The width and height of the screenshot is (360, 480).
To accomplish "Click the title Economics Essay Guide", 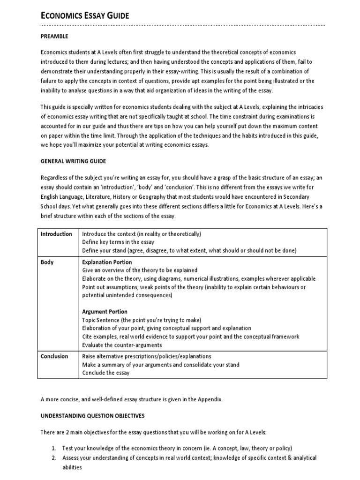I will click(x=84, y=16).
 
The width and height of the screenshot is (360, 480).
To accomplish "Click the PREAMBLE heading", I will click(x=54, y=36).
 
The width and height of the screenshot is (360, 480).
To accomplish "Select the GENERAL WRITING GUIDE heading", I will click(x=73, y=161).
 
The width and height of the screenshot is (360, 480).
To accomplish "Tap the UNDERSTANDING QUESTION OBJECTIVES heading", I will click(x=92, y=416).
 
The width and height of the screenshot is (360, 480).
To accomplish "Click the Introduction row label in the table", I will click(x=56, y=234).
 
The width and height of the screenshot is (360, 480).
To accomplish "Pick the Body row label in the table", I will click(x=47, y=262).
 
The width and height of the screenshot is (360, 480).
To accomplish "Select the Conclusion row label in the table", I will click(x=54, y=356).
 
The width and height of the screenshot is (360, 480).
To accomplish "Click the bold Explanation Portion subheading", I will click(x=107, y=262).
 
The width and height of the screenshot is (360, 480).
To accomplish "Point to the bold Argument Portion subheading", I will click(x=105, y=312).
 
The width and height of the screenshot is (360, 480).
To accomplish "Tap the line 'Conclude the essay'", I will click(x=106, y=373).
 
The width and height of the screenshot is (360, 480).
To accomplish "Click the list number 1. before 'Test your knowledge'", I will click(x=54, y=448).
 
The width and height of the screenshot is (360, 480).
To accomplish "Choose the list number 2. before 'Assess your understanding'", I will click(x=54, y=457).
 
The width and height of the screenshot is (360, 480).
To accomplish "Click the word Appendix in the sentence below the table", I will click(x=211, y=399).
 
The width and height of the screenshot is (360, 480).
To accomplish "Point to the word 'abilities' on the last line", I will click(x=72, y=467).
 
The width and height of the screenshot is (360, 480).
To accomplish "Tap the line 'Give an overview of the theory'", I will click(x=140, y=270).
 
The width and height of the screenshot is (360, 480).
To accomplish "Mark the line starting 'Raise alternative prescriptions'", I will click(x=147, y=356).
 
